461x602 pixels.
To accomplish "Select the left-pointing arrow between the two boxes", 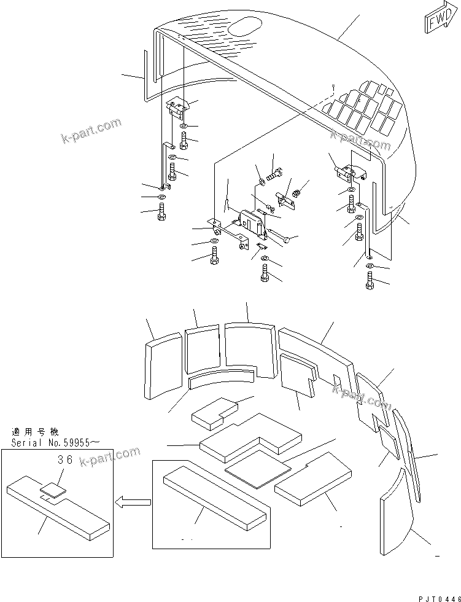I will click(x=134, y=502).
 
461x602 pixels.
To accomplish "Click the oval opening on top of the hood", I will click(x=243, y=27).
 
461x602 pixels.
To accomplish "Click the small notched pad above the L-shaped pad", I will click(x=215, y=412).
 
